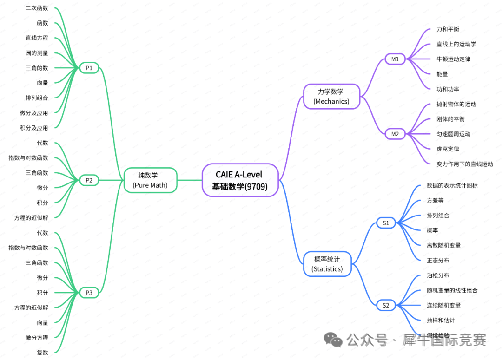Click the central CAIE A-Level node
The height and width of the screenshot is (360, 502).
[240, 180]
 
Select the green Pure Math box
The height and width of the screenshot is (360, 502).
[150, 180]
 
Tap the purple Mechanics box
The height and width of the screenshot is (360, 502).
[331, 96]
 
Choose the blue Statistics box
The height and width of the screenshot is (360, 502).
[327, 264]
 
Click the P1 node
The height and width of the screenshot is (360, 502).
[89, 68]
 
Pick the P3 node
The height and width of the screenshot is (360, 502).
[89, 293]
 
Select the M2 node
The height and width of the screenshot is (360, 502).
[395, 134]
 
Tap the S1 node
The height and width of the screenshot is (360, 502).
[386, 223]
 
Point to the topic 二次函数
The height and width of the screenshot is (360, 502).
[37, 8]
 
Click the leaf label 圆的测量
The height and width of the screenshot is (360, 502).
[37, 53]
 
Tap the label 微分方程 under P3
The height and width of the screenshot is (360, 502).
[37, 337]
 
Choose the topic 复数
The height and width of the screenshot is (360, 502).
[42, 353]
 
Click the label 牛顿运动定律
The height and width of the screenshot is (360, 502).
[453, 59]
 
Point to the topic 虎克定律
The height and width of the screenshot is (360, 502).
[448, 149]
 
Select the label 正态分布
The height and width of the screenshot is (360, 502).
[438, 261]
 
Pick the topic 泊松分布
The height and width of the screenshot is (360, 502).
[438, 275]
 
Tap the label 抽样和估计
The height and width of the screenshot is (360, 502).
[441, 320]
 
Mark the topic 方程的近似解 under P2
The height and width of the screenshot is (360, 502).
[31, 217]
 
